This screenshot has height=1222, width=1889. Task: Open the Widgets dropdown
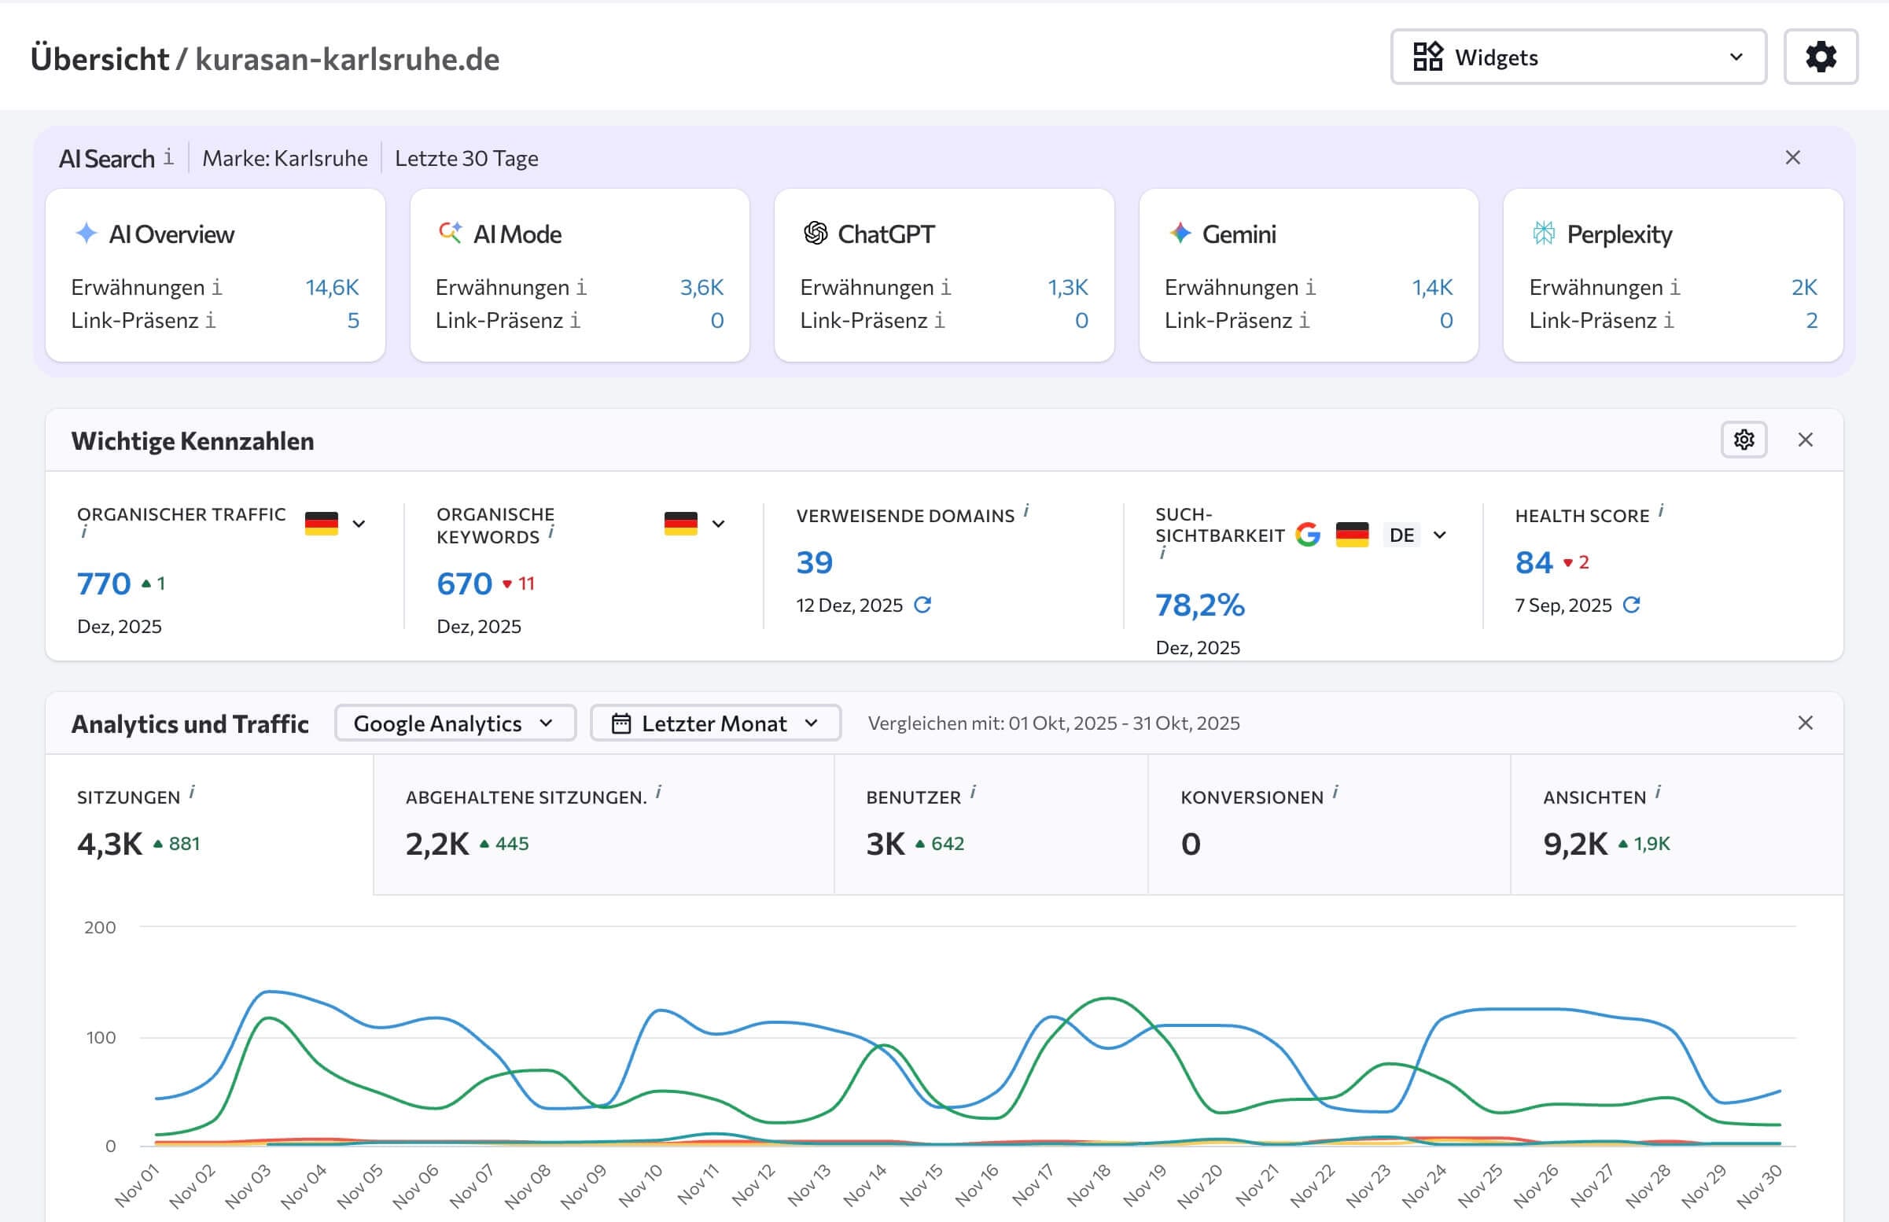(x=1578, y=57)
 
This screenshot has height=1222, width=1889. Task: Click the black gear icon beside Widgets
(x=1820, y=57)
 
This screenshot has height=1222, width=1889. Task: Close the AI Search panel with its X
(x=1792, y=158)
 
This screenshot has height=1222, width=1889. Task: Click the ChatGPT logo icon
(x=815, y=234)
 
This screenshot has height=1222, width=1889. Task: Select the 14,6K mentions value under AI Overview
(x=332, y=287)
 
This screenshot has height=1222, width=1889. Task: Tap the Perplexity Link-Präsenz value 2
(x=1811, y=321)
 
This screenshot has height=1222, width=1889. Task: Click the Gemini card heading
(x=1238, y=234)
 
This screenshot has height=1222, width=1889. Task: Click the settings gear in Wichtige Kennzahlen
(x=1743, y=440)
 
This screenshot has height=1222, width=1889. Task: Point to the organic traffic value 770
(x=104, y=584)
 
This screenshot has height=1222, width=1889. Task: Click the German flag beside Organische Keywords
(x=681, y=524)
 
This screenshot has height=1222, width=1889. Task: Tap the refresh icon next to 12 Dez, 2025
(x=922, y=605)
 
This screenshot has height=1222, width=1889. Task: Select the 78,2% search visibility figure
(x=1199, y=605)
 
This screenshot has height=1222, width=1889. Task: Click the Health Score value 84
(x=1534, y=562)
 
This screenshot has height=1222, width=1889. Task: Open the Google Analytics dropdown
(x=455, y=723)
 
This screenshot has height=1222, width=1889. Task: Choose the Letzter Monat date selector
(x=715, y=723)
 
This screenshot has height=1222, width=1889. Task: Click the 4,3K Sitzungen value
(x=109, y=844)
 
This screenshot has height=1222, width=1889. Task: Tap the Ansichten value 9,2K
(x=1575, y=844)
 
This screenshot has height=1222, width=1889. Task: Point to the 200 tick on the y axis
(x=100, y=928)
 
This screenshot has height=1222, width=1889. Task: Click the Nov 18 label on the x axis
(x=1088, y=1185)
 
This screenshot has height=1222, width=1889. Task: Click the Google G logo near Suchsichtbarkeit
(x=1308, y=535)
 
